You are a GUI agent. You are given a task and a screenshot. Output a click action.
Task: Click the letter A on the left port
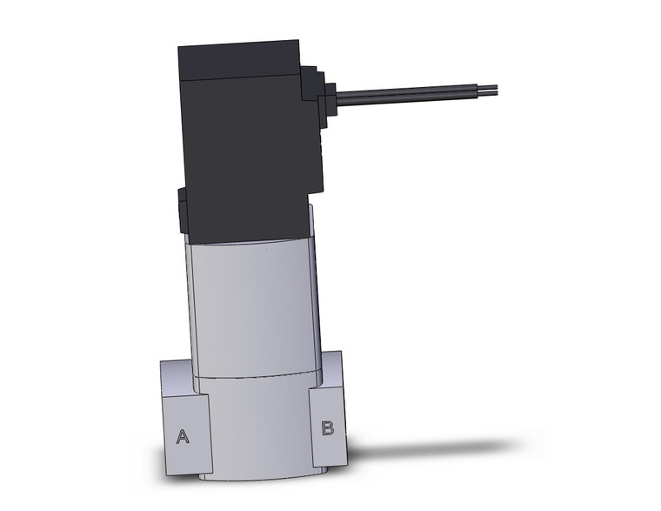[x=183, y=436]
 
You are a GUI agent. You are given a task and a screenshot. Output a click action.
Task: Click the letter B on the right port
[x=328, y=427]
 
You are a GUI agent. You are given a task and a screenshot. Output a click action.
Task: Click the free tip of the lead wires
[x=497, y=88]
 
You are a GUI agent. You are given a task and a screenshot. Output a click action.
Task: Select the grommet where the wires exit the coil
[x=332, y=93]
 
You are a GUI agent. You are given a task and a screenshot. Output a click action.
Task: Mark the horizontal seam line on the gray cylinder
[x=252, y=378]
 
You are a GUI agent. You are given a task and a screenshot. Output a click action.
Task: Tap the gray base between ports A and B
[x=257, y=427]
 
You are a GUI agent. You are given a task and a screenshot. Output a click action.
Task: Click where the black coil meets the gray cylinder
[x=248, y=243]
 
